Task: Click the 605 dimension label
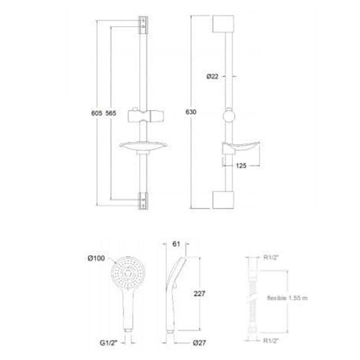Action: coord(97,113)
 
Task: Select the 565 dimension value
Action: coord(111,113)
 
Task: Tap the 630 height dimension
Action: coord(191,112)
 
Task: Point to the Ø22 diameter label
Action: coord(213,76)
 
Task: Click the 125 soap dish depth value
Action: coord(241,166)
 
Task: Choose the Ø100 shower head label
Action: coord(96,258)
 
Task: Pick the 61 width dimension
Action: coord(176,244)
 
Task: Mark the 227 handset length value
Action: coord(200,294)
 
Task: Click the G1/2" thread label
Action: coord(109,343)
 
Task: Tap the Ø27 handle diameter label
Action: coord(200,343)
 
